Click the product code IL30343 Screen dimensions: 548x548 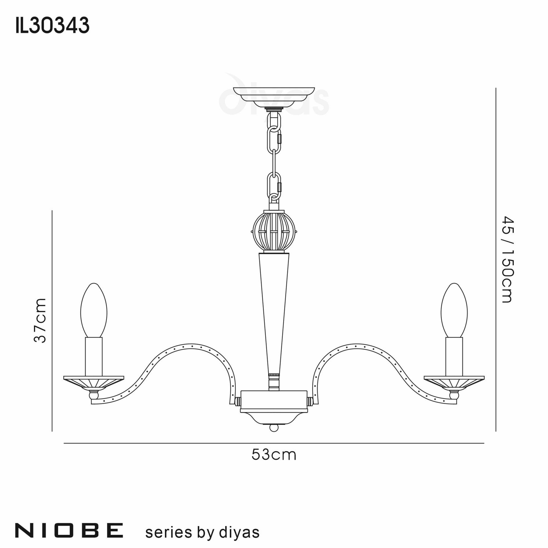pos(53,25)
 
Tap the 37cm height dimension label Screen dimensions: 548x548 pos(40,321)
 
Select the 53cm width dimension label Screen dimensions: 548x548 pos(274,455)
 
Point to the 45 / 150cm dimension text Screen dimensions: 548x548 pos(508,259)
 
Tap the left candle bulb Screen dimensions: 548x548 pos(94,311)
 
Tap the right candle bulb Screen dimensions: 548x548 pos(454,311)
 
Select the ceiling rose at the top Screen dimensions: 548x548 pos(274,96)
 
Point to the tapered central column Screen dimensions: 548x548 pos(274,312)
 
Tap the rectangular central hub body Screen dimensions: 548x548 pos(274,400)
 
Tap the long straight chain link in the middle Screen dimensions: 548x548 pos(274,163)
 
